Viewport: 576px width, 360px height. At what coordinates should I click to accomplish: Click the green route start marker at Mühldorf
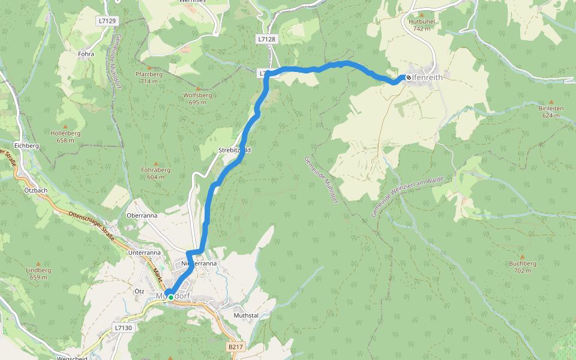coord(171,297)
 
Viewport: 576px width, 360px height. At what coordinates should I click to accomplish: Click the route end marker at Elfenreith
coord(409,77)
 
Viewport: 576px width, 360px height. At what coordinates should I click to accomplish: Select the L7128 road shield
coord(266,39)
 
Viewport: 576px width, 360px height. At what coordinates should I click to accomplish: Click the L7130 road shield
coord(122,328)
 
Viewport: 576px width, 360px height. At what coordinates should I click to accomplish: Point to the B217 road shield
coord(236,347)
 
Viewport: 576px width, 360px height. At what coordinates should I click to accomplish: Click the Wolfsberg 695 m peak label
coord(197,98)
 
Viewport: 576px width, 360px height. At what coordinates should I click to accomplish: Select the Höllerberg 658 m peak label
coord(65,136)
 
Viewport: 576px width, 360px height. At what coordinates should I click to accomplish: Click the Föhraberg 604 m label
coord(156,173)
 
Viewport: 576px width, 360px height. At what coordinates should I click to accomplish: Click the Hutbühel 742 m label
coord(421,25)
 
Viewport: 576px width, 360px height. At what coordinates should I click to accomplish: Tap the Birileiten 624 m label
coord(551,112)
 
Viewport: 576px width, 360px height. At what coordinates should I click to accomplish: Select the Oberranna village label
coord(142,215)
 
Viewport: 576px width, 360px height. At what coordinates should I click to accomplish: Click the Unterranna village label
coord(145,253)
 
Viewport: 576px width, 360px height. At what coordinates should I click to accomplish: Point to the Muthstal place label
coord(246,314)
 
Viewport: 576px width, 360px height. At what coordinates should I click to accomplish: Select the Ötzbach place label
coord(37,190)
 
